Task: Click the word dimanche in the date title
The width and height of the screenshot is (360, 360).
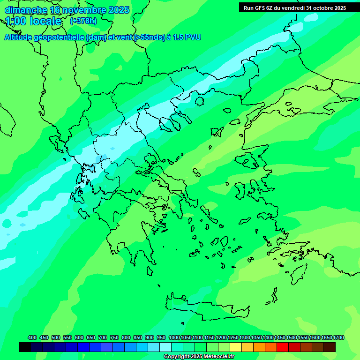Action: (26, 10)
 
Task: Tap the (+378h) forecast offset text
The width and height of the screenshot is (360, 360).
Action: (83, 21)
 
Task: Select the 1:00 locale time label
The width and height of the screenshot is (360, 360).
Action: (33, 21)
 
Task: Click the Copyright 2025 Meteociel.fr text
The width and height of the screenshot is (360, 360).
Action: (199, 357)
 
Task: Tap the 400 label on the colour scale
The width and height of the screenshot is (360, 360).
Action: (32, 338)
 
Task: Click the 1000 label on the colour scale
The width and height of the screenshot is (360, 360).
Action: (174, 338)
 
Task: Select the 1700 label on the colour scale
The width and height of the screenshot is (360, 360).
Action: (338, 338)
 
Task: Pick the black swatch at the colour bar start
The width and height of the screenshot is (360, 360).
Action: (25, 347)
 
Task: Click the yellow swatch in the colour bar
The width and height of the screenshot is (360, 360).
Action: (236, 347)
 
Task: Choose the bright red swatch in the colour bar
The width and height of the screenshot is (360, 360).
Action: (283, 347)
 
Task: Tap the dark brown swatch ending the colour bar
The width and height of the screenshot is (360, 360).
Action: (330, 347)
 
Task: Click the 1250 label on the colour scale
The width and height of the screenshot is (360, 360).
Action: (233, 338)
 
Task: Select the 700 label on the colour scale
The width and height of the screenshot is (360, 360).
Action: (103, 338)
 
